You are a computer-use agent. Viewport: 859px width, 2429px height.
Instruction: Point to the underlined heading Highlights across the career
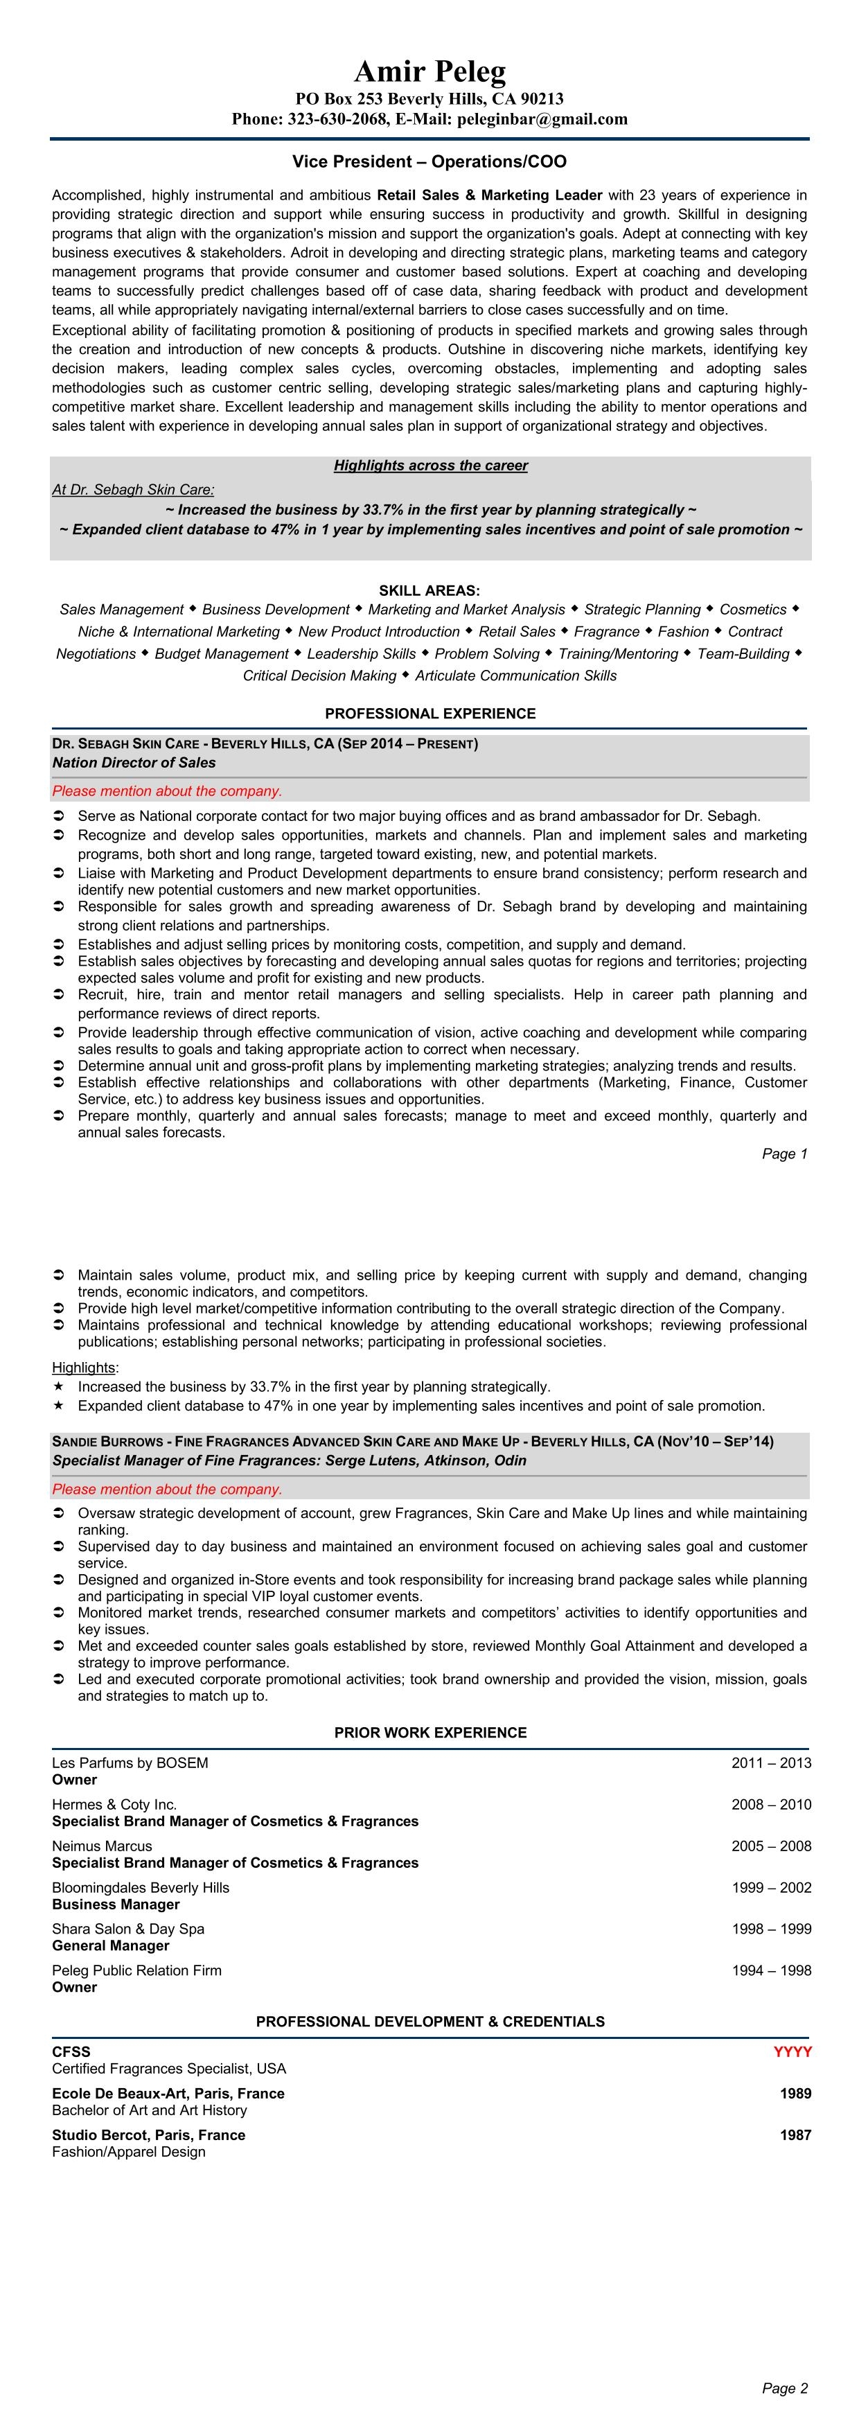(430, 466)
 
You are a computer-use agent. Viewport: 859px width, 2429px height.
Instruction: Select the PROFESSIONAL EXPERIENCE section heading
(430, 714)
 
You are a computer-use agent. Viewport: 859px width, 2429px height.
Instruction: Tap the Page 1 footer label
(784, 1154)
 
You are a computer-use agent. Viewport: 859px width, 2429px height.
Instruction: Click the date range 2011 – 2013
(770, 1763)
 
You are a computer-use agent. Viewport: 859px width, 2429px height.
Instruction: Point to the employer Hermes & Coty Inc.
(114, 1805)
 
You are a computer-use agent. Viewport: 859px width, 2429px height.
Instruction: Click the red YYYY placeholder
(792, 2052)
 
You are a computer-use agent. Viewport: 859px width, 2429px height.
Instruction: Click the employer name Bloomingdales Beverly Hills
(141, 1888)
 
